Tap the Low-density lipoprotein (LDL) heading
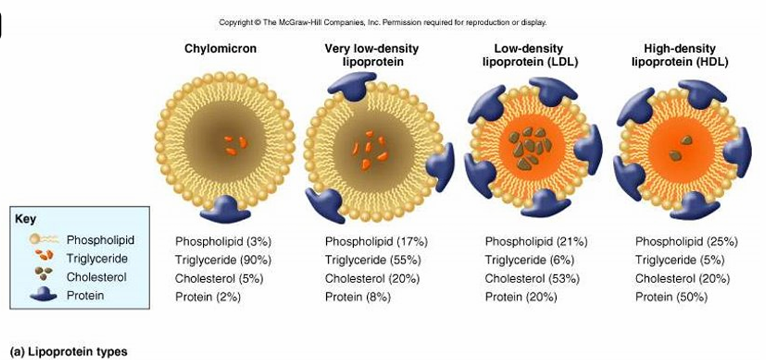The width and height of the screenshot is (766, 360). pyautogui.click(x=530, y=55)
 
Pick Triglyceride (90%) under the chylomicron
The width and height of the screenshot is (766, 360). pyautogui.click(x=222, y=260)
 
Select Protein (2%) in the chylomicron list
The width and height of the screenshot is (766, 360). pyautogui.click(x=206, y=297)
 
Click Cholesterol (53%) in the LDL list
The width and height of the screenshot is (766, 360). pyautogui.click(x=532, y=279)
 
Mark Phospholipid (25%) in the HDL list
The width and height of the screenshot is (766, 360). pyautogui.click(x=686, y=242)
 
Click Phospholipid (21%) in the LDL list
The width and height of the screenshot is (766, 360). pyautogui.click(x=536, y=242)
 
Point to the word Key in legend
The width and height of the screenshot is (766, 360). pyautogui.click(x=25, y=219)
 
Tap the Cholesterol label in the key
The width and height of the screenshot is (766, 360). pyautogui.click(x=96, y=278)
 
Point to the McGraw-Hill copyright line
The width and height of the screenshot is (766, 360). pyautogui.click(x=383, y=22)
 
